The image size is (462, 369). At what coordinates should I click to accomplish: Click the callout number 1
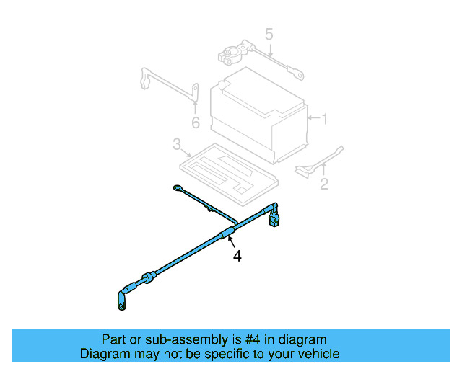tap(324, 119)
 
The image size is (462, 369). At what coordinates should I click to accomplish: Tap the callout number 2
tap(324, 184)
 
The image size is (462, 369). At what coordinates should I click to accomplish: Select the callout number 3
tap(177, 144)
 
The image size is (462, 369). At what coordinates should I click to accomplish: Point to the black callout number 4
tap(237, 256)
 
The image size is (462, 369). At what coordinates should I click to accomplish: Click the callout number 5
tap(269, 34)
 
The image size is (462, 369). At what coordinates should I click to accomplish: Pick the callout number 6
tap(196, 123)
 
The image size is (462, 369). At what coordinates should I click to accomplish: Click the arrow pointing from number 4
tap(232, 241)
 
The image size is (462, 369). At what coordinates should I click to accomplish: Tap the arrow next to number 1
tap(314, 118)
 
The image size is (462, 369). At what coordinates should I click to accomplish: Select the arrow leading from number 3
tap(186, 153)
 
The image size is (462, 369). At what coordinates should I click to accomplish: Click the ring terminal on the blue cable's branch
tap(178, 187)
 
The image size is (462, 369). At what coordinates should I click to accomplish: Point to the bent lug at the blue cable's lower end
tap(122, 300)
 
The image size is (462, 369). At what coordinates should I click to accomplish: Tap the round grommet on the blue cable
tap(149, 277)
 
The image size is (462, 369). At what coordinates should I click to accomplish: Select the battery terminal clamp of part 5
tap(233, 52)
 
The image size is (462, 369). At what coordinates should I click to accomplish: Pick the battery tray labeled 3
tap(229, 174)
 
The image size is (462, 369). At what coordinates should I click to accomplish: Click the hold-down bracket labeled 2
tap(319, 163)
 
